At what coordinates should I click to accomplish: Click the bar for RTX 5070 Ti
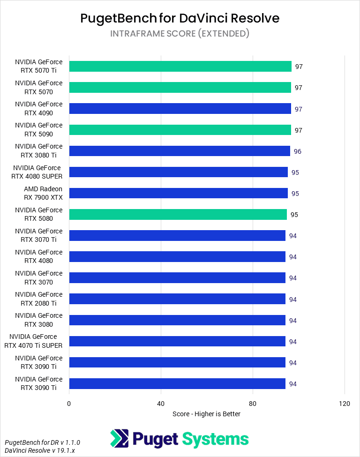pyautogui.click(x=180, y=67)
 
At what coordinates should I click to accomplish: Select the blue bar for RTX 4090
pyautogui.click(x=180, y=109)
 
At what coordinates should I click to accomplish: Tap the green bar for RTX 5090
pyautogui.click(x=180, y=130)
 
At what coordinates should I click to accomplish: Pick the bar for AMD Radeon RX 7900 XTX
pyautogui.click(x=179, y=193)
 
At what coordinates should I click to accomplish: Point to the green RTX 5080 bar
pyautogui.click(x=178, y=214)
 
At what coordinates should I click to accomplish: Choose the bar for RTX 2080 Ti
pyautogui.click(x=177, y=299)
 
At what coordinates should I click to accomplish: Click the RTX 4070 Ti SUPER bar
pyautogui.click(x=177, y=341)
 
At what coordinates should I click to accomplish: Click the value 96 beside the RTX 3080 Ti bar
pyautogui.click(x=297, y=151)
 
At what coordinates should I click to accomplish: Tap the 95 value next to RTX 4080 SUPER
pyautogui.click(x=295, y=172)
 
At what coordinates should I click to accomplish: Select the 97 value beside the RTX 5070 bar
pyautogui.click(x=298, y=88)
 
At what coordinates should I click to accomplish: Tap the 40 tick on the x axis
pyautogui.click(x=161, y=404)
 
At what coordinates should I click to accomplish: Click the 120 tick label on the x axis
pyautogui.click(x=345, y=404)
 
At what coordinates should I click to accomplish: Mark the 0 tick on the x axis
pyautogui.click(x=69, y=404)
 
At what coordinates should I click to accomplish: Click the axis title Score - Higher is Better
pyautogui.click(x=206, y=414)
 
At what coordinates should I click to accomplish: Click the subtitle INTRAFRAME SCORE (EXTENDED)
pyautogui.click(x=180, y=34)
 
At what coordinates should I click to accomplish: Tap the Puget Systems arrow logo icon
pyautogui.click(x=119, y=439)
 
